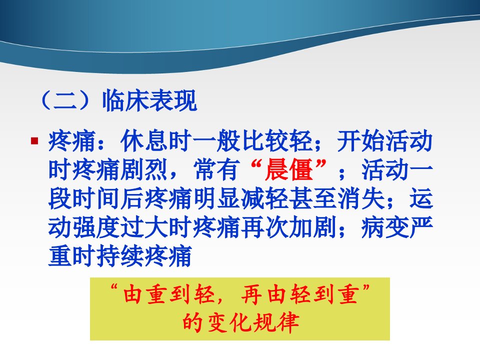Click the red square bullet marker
(34, 141)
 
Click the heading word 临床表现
(149, 100)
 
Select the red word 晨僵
(288, 169)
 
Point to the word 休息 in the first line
(144, 141)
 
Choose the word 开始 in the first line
(361, 141)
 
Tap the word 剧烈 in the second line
(144, 169)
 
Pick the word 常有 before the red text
(216, 169)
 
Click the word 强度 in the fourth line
(96, 227)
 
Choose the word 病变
(385, 227)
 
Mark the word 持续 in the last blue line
(120, 256)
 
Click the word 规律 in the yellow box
(276, 322)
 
